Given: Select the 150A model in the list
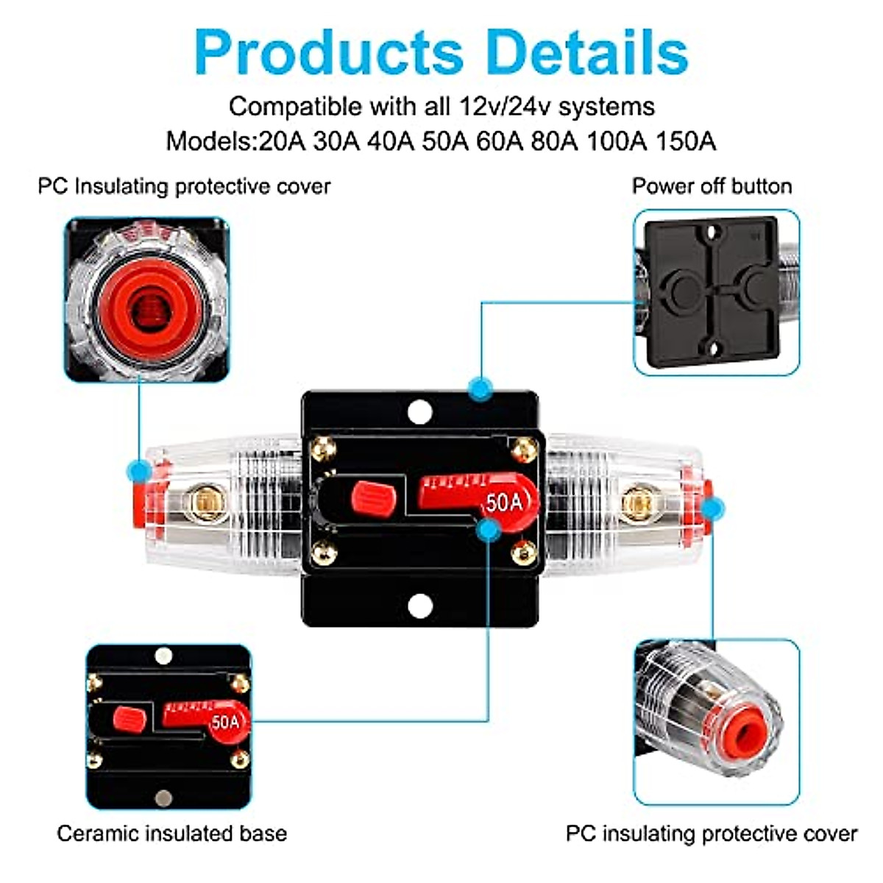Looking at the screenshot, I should [685, 141].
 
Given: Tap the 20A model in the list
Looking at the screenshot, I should [282, 141].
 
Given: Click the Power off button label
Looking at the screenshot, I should [712, 186].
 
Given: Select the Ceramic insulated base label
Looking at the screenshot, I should [171, 834].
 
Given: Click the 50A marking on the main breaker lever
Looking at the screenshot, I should [504, 503].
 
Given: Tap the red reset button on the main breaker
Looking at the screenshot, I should [374, 497].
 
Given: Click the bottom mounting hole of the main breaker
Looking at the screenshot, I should [419, 606].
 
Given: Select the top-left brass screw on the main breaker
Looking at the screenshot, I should [323, 447].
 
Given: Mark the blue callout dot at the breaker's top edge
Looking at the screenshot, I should [480, 389].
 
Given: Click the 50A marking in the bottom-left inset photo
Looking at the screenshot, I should [226, 722].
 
